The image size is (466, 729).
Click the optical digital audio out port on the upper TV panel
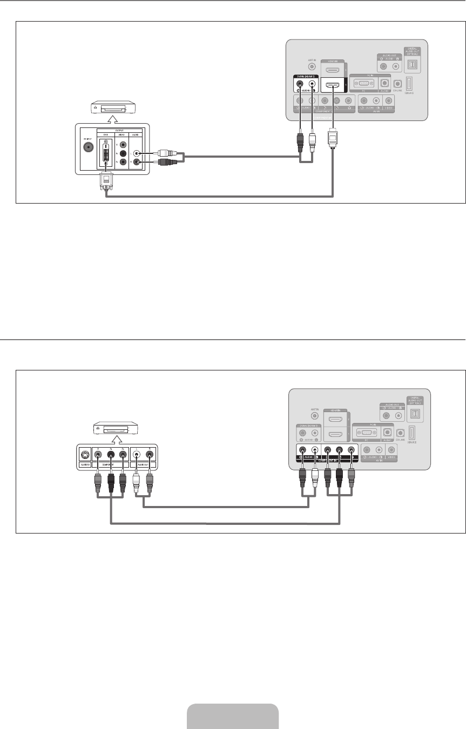coord(413,65)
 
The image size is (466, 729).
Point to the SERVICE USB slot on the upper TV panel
coord(409,84)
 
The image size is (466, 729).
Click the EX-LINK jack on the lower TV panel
coord(400,433)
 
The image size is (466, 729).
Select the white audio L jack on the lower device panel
coord(137,455)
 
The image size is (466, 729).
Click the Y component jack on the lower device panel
coord(97,455)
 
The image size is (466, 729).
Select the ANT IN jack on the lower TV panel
coord(315,416)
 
